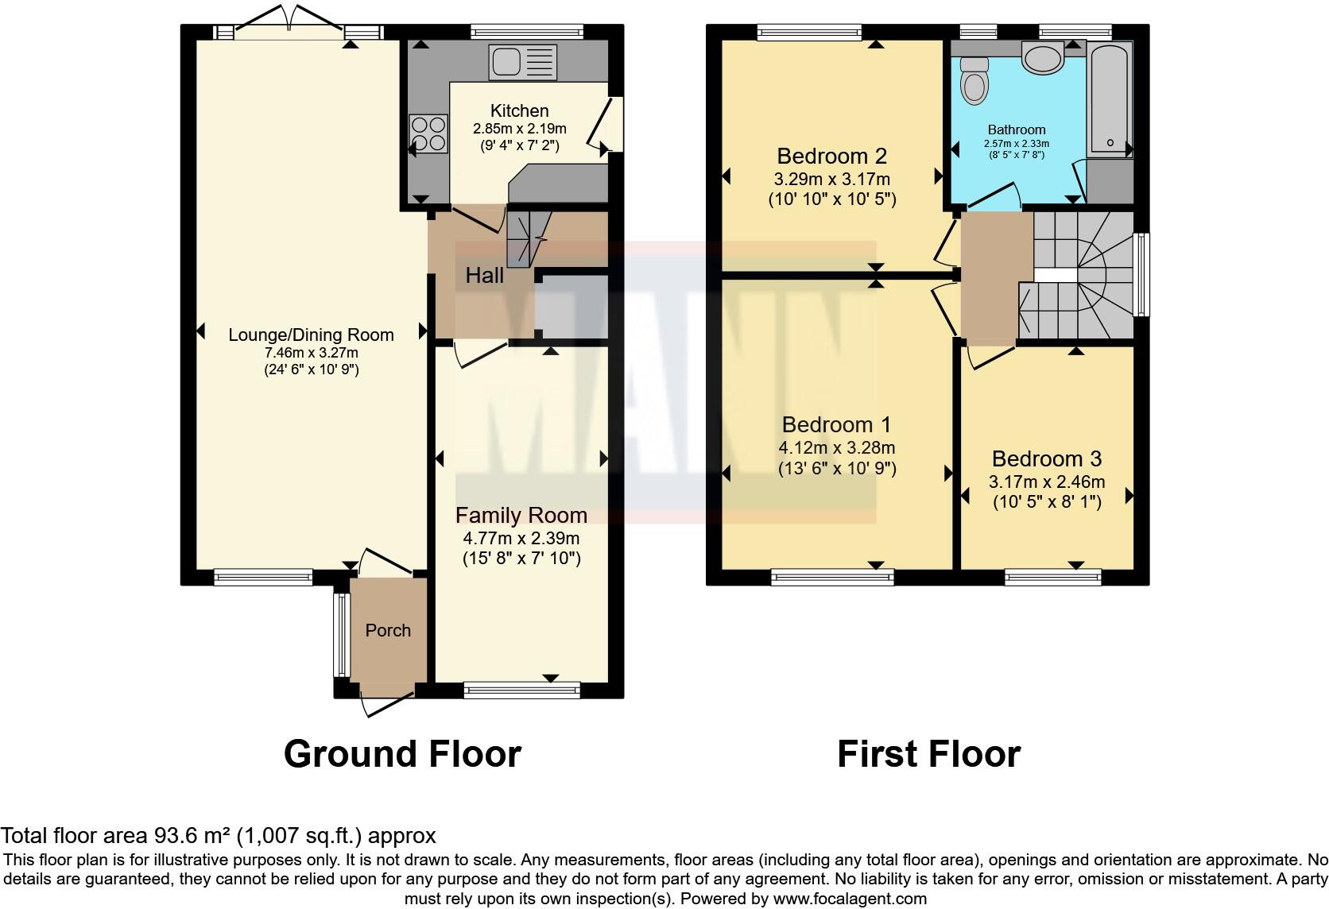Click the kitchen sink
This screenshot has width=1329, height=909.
[523, 62]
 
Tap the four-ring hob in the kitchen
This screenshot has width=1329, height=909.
[428, 133]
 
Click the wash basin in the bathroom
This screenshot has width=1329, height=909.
[1043, 58]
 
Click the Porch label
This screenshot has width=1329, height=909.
[388, 630]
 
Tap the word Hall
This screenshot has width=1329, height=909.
[484, 276]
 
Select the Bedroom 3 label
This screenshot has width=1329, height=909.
[1046, 458]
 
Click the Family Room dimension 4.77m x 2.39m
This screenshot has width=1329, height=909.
[521, 538]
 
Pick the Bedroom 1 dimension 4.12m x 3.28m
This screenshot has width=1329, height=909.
[836, 447]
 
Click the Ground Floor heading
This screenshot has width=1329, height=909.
[402, 753]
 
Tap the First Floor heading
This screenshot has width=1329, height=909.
[928, 753]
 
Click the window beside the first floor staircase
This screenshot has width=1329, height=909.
[1141, 274]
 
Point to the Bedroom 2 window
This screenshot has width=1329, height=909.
[809, 33]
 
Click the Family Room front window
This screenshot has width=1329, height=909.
[522, 690]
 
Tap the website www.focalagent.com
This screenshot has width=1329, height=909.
[850, 899]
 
